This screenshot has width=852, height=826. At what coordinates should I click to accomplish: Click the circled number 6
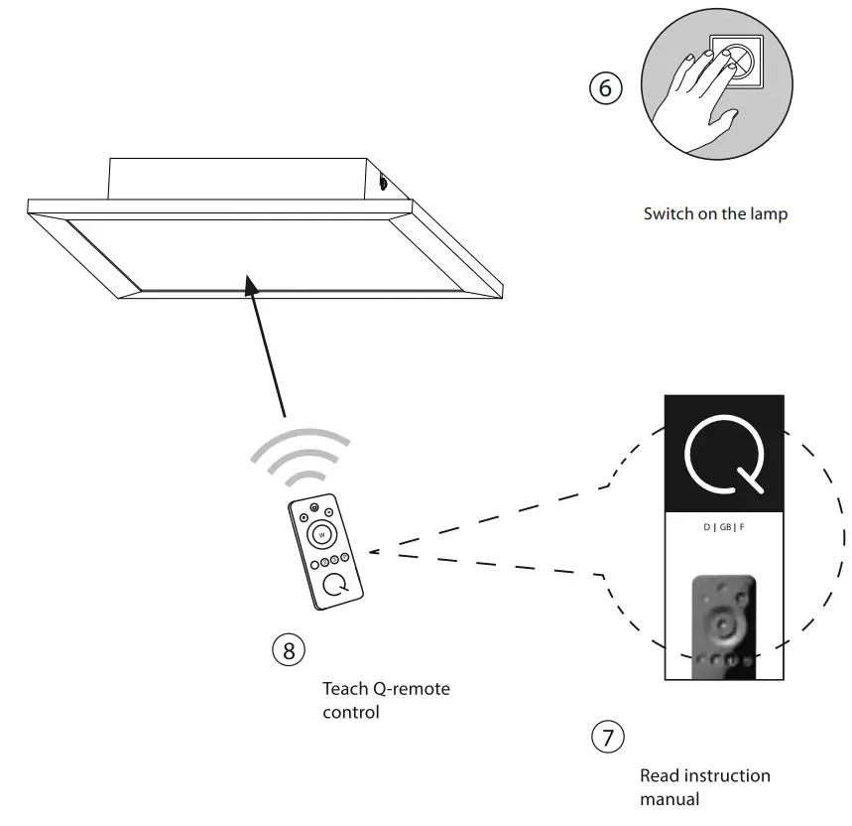coord(606,88)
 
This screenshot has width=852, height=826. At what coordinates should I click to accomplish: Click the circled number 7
coord(607,737)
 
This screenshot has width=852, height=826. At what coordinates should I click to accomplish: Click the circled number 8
coord(288,650)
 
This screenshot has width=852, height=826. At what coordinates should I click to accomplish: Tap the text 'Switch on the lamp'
coord(715,213)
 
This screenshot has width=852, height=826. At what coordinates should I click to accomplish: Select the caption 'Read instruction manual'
coord(704,786)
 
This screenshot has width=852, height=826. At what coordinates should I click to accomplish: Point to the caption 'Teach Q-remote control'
coord(386,700)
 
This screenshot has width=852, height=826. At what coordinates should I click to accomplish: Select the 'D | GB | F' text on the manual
coord(724,527)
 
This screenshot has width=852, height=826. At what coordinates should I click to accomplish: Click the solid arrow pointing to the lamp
coord(267,347)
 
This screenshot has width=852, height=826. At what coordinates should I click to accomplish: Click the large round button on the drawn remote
coord(320,535)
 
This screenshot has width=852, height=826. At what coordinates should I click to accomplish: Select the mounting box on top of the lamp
coord(238,177)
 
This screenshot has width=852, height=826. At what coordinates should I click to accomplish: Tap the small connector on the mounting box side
coord(383,182)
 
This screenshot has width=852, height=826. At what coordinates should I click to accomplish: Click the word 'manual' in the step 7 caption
coord(669,798)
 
